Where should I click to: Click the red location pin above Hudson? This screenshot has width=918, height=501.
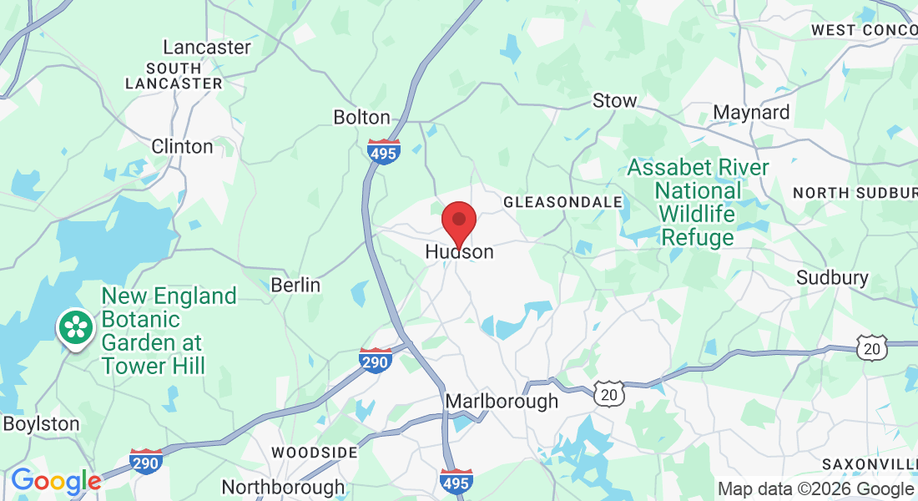point(458,221)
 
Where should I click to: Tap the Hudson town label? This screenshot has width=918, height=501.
point(460,251)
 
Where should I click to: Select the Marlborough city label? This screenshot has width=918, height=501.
point(502,402)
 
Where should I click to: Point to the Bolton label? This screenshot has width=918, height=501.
point(361,117)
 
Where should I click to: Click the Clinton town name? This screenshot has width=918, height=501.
point(182,146)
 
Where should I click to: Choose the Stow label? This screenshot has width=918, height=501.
point(614,101)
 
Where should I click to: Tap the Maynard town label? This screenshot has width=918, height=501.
point(751,112)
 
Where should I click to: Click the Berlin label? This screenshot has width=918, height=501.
point(295,285)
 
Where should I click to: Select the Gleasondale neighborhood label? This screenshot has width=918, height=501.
point(563,202)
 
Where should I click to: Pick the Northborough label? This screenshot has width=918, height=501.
point(282,487)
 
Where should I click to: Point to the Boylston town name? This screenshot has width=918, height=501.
point(41,423)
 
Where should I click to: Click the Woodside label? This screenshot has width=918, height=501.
point(315,452)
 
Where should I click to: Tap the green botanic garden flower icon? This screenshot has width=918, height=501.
point(75,326)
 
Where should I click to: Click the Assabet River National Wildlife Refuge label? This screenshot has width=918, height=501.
point(698,202)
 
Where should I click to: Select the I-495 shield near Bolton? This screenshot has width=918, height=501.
point(383,151)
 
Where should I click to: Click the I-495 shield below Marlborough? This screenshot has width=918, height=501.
point(456,480)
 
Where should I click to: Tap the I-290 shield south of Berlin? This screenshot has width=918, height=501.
point(376,360)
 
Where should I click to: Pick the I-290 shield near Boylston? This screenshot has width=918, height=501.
point(146,461)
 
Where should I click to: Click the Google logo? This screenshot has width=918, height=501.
point(55,481)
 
